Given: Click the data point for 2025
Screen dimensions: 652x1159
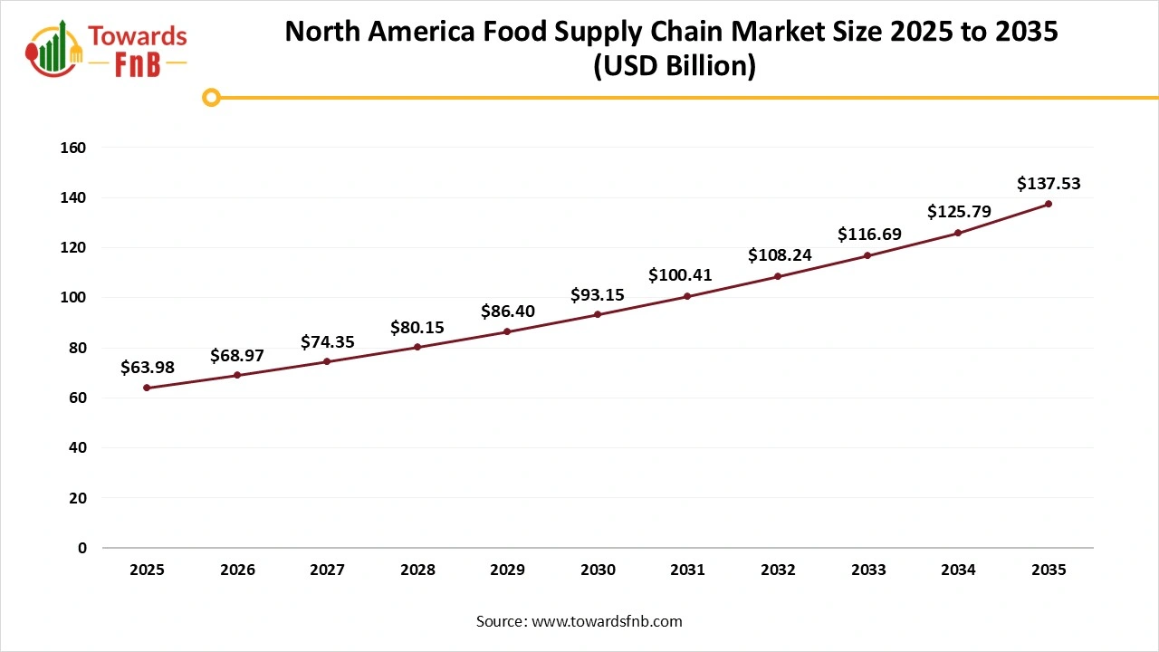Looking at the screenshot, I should (147, 388).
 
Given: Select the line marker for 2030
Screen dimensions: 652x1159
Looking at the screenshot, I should (598, 314).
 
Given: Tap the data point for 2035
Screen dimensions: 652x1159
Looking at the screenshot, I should (1049, 204).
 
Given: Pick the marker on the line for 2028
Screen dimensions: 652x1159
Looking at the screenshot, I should (417, 347).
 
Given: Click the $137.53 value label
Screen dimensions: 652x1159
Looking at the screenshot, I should (1049, 184).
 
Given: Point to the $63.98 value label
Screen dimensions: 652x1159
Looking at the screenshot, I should (147, 367).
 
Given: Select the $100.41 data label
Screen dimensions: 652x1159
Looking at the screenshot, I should (687, 274).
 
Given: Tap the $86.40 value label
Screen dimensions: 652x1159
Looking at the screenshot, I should (507, 311).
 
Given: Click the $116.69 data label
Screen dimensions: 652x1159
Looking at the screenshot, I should (868, 234).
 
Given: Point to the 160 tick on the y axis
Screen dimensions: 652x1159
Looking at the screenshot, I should (74, 148).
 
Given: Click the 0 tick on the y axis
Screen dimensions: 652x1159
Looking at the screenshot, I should (81, 548).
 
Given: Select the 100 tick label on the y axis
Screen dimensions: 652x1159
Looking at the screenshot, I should (74, 298).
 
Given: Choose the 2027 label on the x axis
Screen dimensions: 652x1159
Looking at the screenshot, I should (327, 570).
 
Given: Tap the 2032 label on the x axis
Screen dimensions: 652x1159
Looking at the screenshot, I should (778, 570).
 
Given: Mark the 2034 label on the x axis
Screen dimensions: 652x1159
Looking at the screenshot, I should (958, 570).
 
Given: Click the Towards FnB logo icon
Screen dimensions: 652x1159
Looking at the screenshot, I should (54, 47).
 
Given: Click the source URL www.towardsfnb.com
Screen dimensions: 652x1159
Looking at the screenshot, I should (607, 621).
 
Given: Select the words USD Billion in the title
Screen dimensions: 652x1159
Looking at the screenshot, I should (674, 67).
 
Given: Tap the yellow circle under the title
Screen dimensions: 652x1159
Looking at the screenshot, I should (211, 97).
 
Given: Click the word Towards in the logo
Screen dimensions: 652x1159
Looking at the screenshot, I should (138, 36).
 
